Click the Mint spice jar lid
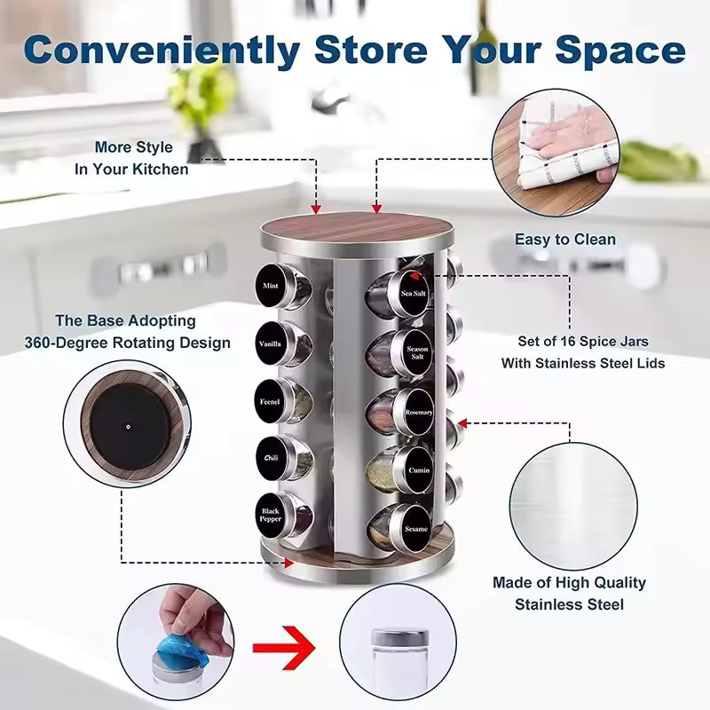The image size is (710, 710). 271,286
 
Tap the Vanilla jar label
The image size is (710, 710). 270,343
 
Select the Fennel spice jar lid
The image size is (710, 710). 270,400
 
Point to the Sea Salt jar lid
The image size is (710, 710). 413,293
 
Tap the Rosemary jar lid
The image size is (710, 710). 418,411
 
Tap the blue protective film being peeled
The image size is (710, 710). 183,638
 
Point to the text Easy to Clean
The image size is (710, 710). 564,240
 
